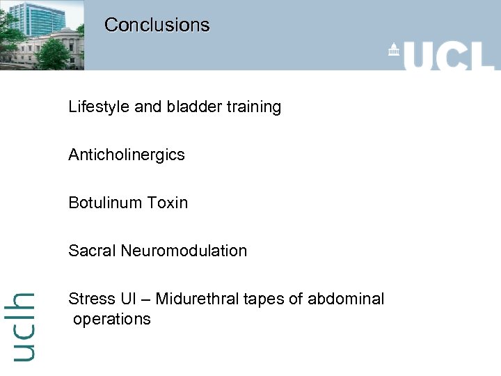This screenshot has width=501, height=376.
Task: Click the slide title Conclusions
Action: pyautogui.click(x=157, y=25)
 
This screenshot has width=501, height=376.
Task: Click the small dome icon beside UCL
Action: pyautogui.click(x=394, y=50)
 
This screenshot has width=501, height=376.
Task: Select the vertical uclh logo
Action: pyautogui.click(x=24, y=326)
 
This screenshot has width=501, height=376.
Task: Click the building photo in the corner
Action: pyautogui.click(x=42, y=35)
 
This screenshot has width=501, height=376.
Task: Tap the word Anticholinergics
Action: pyautogui.click(x=127, y=155)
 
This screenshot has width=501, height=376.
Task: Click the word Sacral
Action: pyautogui.click(x=92, y=251)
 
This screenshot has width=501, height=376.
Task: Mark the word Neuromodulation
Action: pyautogui.click(x=184, y=251)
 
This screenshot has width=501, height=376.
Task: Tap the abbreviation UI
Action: pyautogui.click(x=128, y=299)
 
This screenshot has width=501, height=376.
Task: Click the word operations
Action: pyautogui.click(x=112, y=320)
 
